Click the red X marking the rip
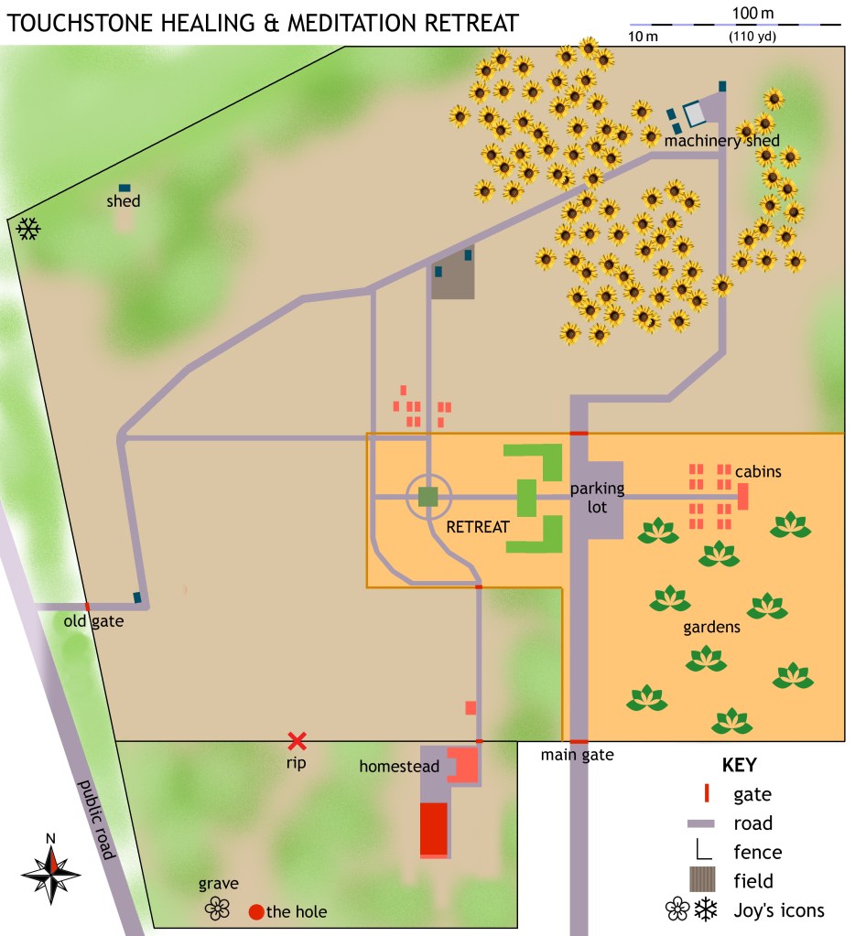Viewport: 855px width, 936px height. pos(297,741)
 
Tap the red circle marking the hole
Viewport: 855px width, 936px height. pos(256,911)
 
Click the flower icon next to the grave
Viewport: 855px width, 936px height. pos(218,908)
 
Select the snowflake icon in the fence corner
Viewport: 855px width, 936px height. pos(28,230)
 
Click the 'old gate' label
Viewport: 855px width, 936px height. pos(93,622)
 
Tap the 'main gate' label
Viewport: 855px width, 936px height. pos(577,755)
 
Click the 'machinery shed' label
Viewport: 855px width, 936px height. pos(721,141)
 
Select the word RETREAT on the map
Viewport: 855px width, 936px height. pos(477,526)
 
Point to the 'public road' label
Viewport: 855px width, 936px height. pos(97,820)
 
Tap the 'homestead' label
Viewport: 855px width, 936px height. pos(399,766)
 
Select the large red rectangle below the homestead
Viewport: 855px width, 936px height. pos(434,829)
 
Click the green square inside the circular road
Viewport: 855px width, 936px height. pos(427,496)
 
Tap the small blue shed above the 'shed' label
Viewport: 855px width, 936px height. pos(124,188)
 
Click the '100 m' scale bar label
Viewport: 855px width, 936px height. pos(752,13)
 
